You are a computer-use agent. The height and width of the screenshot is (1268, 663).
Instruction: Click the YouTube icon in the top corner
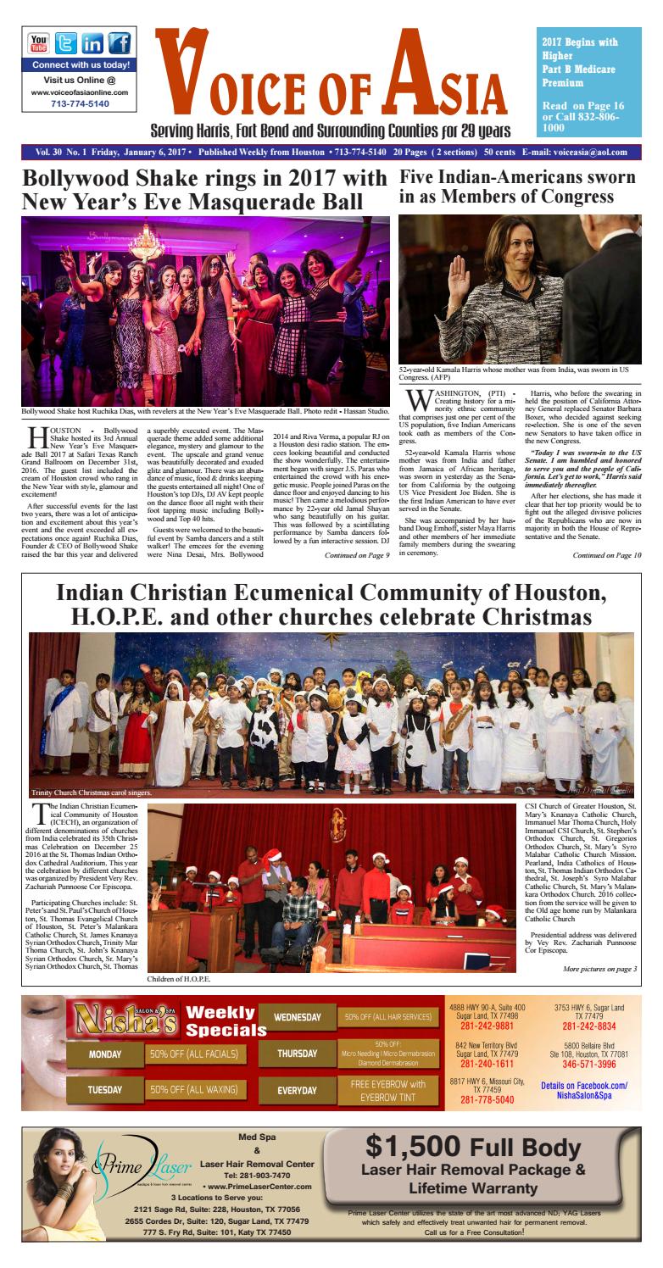click(40, 44)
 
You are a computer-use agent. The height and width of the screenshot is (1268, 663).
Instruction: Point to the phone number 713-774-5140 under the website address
click(68, 103)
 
